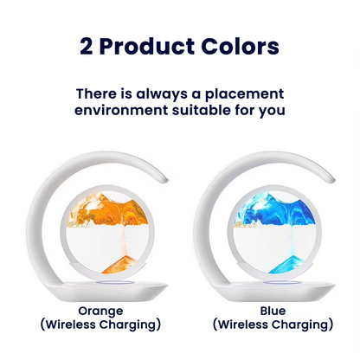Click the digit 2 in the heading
pos(87,48)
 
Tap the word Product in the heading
pos(150,48)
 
